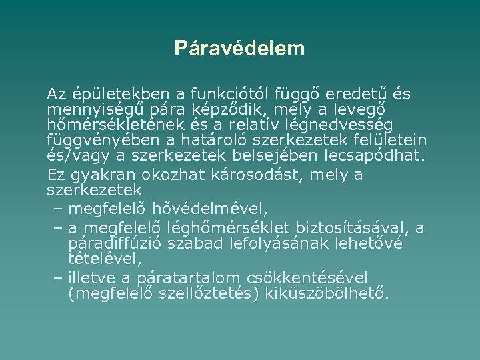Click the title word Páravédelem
click(x=239, y=48)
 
